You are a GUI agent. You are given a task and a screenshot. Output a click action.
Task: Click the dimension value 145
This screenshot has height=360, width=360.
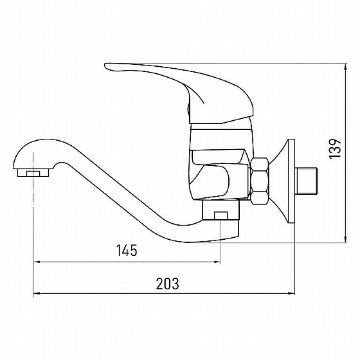pos(127,250)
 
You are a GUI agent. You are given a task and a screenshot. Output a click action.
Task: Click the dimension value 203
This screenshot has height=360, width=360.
pos(167,283)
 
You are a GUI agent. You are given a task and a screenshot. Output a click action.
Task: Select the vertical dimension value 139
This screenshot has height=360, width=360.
pos(335,148)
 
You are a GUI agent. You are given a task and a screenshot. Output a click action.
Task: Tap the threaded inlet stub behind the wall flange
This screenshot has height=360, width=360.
pos(306,181)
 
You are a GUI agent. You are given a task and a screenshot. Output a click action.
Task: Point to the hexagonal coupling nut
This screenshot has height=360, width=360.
pos(260,181)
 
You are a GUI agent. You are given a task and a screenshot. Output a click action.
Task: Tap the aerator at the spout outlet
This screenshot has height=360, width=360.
pos(33,173)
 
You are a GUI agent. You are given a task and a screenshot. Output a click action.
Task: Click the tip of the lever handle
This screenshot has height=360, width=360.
pos(105,66)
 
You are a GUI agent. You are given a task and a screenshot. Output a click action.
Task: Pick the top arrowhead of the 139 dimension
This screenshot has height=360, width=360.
pos(346,67)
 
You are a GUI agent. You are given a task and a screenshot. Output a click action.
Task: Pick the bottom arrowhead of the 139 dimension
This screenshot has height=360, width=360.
pos(346,239)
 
